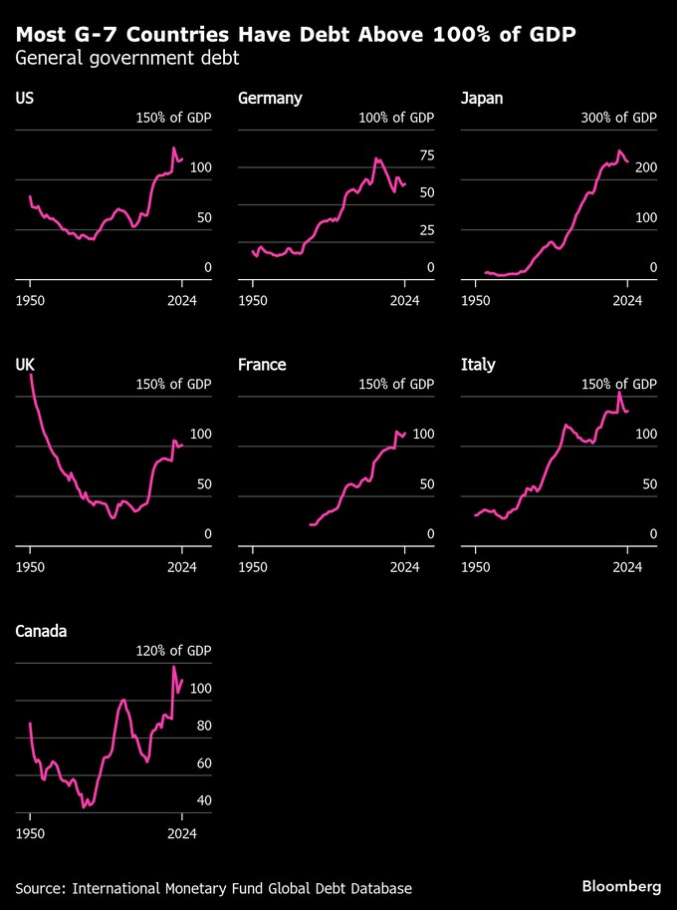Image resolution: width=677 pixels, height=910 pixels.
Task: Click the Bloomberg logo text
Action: click(x=621, y=886)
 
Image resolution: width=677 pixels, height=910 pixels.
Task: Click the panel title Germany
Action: click(x=270, y=98)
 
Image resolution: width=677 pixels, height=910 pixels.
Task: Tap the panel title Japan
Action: click(x=483, y=98)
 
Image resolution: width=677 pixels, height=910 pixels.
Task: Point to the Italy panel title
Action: click(x=478, y=365)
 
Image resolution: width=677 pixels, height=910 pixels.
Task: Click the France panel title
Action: click(x=262, y=365)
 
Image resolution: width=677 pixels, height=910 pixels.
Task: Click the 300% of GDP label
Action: click(x=618, y=118)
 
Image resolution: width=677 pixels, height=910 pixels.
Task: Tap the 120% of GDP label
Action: click(x=173, y=651)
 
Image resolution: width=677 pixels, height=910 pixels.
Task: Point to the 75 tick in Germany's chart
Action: click(x=426, y=155)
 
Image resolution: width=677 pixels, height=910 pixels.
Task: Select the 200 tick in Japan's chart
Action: click(x=645, y=167)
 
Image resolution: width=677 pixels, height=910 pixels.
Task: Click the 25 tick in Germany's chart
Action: click(x=426, y=230)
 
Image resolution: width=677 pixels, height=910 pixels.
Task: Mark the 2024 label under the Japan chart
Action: click(x=627, y=298)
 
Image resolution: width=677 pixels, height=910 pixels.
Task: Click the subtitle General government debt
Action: click(x=126, y=58)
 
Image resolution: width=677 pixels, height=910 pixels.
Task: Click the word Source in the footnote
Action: click(x=40, y=887)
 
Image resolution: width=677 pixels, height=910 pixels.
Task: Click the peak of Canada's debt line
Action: click(x=174, y=667)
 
